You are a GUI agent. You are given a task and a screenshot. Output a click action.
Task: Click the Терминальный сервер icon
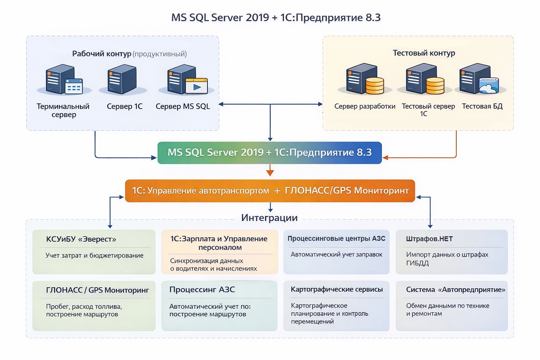(x=64, y=80)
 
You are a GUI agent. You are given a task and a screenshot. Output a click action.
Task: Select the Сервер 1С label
(x=124, y=107)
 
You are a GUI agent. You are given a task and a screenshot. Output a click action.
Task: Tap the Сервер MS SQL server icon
(x=187, y=80)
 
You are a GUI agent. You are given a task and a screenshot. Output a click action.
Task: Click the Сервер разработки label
(x=365, y=106)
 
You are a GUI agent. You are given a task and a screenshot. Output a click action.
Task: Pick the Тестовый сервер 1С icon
(x=424, y=79)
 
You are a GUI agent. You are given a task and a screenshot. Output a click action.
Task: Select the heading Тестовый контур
(x=424, y=53)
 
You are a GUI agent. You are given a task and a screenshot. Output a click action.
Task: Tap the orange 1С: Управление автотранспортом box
(x=270, y=191)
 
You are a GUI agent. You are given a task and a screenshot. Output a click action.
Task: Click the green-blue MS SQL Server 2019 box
(x=270, y=153)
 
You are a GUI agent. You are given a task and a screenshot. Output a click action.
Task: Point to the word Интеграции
(x=269, y=218)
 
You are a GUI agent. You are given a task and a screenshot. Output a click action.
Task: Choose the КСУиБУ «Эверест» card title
(x=81, y=239)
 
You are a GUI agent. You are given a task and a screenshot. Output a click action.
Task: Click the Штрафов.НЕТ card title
(x=429, y=239)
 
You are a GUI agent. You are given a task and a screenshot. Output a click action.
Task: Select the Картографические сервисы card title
(x=336, y=289)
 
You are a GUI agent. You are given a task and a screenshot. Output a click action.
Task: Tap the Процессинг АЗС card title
(x=202, y=290)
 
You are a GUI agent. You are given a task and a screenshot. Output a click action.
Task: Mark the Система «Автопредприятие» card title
(x=455, y=290)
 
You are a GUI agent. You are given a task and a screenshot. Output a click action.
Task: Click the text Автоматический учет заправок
(x=336, y=255)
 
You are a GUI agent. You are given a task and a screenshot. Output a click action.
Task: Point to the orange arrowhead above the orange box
(x=270, y=173)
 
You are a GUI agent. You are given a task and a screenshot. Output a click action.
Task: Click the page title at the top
(x=276, y=18)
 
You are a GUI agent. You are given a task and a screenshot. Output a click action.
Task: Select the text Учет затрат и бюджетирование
(x=94, y=256)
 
